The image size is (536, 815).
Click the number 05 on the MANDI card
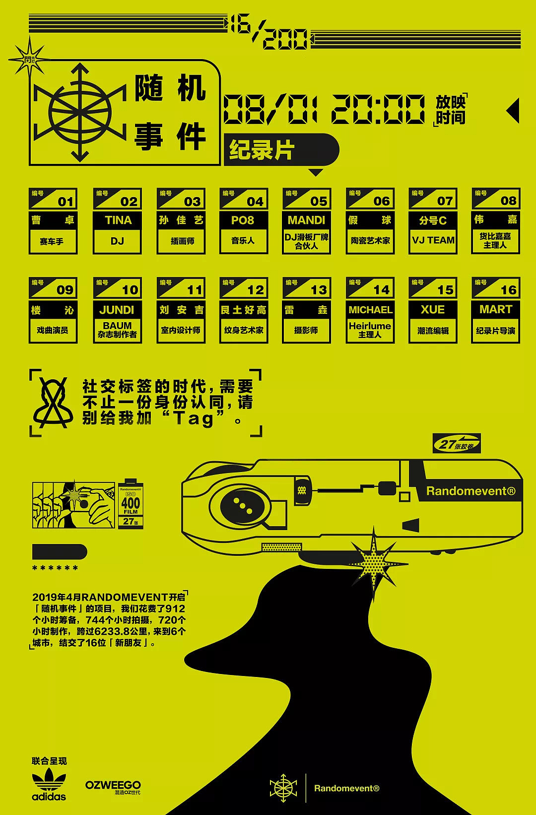pyautogui.click(x=319, y=201)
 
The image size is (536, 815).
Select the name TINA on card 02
pyautogui.click(x=118, y=220)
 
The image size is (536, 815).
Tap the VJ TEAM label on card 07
pyautogui.click(x=433, y=240)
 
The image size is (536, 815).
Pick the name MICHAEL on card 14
pyautogui.click(x=370, y=310)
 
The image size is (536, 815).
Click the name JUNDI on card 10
pyautogui.click(x=117, y=310)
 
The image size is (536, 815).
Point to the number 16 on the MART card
pyautogui.click(x=508, y=290)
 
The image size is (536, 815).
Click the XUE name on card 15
pyautogui.click(x=433, y=309)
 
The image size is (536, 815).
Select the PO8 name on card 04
pyautogui.click(x=243, y=220)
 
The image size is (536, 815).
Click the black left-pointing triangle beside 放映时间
pyautogui.click(x=513, y=110)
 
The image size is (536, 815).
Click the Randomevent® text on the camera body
pyautogui.click(x=470, y=491)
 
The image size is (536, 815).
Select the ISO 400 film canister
pyautogui.click(x=131, y=503)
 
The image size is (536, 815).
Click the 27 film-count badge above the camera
pyautogui.click(x=456, y=444)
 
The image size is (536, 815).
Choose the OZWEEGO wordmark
pyautogui.click(x=113, y=785)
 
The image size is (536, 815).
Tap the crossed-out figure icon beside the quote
pyautogui.click(x=52, y=403)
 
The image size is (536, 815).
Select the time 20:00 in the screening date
pyautogui.click(x=378, y=110)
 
